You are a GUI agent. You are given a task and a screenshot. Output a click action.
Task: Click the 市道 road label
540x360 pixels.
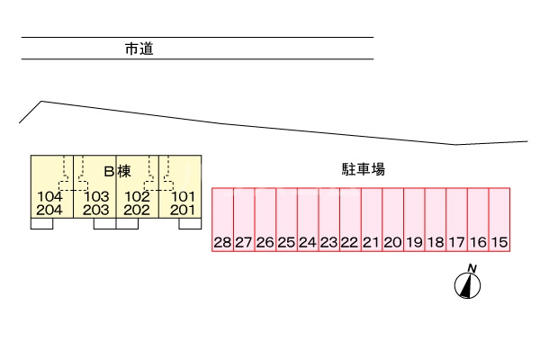139,49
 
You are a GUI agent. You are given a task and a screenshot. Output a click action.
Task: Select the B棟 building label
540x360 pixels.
118,170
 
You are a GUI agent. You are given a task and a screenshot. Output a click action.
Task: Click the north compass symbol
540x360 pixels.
468,283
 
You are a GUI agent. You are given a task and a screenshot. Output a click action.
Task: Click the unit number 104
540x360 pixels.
49,196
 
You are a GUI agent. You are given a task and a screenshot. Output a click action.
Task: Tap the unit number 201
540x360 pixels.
183,210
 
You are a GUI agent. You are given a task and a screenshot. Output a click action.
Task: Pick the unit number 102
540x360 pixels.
137,196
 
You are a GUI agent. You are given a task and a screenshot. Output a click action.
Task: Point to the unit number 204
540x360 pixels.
49,210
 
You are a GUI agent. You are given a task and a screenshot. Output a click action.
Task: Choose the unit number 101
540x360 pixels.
183,196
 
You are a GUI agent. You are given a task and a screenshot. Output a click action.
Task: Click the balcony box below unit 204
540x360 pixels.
42,224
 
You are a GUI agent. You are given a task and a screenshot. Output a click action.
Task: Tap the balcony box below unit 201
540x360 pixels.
190,224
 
